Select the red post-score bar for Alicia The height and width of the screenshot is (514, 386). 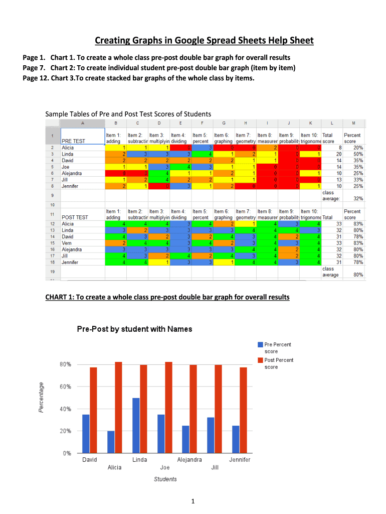pyautogui.click(x=118, y=408)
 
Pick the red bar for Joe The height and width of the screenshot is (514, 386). pyautogui.click(x=168, y=408)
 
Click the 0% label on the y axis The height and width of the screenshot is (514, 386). pyautogui.click(x=65, y=453)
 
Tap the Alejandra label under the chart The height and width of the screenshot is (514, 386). pyautogui.click(x=189, y=460)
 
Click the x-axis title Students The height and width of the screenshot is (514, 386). pyautogui.click(x=165, y=479)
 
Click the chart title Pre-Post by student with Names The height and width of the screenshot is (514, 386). pyautogui.click(x=134, y=329)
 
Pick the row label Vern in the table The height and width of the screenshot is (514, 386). pyautogui.click(x=66, y=243)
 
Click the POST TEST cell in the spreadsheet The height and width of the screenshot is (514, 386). pyautogui.click(x=74, y=217)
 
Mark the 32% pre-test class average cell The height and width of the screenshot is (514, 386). pyautogui.click(x=358, y=198)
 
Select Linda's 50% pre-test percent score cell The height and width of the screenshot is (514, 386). pyautogui.click(x=358, y=154)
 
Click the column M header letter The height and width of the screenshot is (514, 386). pyautogui.click(x=353, y=123)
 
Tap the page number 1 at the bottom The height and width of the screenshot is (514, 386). pyautogui.click(x=192, y=501)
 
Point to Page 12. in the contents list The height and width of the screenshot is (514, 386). pyautogui.click(x=35, y=78)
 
